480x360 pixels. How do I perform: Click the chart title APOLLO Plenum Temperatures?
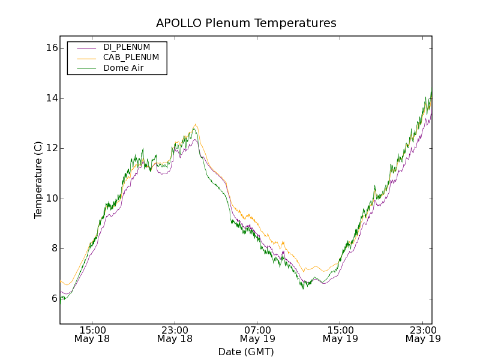tap(246, 23)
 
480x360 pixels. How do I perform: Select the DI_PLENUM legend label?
tap(127, 47)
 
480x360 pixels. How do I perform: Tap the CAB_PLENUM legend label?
tap(131, 58)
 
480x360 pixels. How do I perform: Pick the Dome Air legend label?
tap(123, 68)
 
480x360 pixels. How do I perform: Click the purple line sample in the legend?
tap(87, 47)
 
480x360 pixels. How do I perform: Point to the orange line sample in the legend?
tap(87, 58)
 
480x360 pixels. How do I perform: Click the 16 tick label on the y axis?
tap(51, 48)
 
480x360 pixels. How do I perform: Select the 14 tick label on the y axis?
tap(51, 98)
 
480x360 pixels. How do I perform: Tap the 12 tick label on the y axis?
tap(51, 148)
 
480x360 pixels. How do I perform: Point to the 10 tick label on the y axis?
tap(51, 199)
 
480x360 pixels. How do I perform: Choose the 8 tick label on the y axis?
tap(53, 248)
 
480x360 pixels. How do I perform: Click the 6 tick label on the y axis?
tap(53, 299)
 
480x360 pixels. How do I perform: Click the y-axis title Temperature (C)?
tap(38, 180)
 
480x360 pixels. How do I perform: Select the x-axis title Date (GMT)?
tap(246, 352)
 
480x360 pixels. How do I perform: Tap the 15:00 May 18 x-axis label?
tap(92, 334)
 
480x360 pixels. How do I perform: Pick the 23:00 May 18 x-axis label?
tap(175, 334)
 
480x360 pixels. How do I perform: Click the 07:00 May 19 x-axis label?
tap(257, 334)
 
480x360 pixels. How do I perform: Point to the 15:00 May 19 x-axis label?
tap(340, 334)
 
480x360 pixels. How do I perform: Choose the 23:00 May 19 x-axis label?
tap(422, 334)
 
